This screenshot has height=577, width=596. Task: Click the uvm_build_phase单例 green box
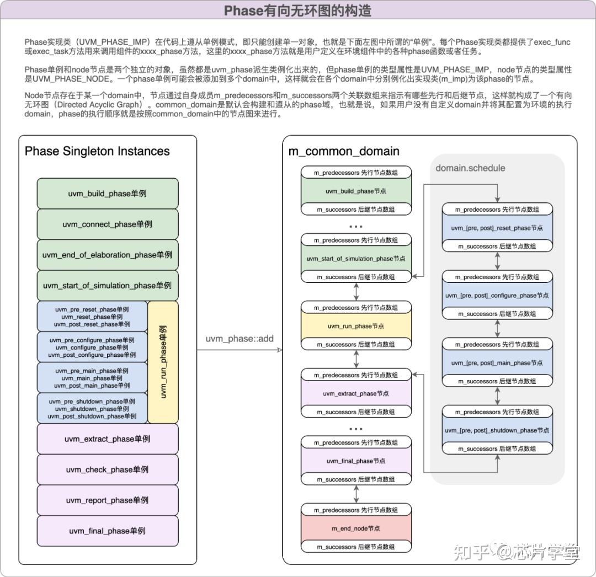pyautogui.click(x=108, y=194)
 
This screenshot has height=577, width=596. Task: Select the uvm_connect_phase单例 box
pyautogui.click(x=108, y=224)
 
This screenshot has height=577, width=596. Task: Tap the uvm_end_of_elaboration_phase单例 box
pyautogui.click(x=108, y=255)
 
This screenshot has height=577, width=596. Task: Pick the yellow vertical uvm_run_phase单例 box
pyautogui.click(x=163, y=362)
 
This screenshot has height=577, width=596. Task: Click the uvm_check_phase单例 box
pyautogui.click(x=108, y=469)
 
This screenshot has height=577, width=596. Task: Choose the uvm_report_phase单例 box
pyautogui.click(x=108, y=500)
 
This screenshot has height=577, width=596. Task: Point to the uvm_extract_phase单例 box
pyautogui.click(x=108, y=439)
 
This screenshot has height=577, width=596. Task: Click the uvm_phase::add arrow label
pyautogui.click(x=240, y=339)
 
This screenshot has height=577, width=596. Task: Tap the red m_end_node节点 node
pyautogui.click(x=356, y=528)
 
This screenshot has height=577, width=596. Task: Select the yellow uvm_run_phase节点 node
pyautogui.click(x=356, y=326)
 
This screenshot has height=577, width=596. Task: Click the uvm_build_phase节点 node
pyautogui.click(x=356, y=191)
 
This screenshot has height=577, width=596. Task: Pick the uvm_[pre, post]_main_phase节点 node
pyautogui.click(x=497, y=363)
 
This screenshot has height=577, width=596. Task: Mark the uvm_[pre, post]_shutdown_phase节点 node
pyautogui.click(x=497, y=430)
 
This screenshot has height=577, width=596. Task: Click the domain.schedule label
pyautogui.click(x=470, y=168)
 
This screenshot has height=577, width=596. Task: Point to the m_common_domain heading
pyautogui.click(x=344, y=151)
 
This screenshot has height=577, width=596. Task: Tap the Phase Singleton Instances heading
pyautogui.click(x=97, y=151)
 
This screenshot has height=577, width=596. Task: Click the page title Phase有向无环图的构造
pyautogui.click(x=297, y=10)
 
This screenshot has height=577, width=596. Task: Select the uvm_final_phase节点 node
pyautogui.click(x=356, y=461)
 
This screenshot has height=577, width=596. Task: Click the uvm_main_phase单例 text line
pyautogui.click(x=92, y=378)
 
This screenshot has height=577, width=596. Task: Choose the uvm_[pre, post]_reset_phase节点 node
pyautogui.click(x=497, y=228)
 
